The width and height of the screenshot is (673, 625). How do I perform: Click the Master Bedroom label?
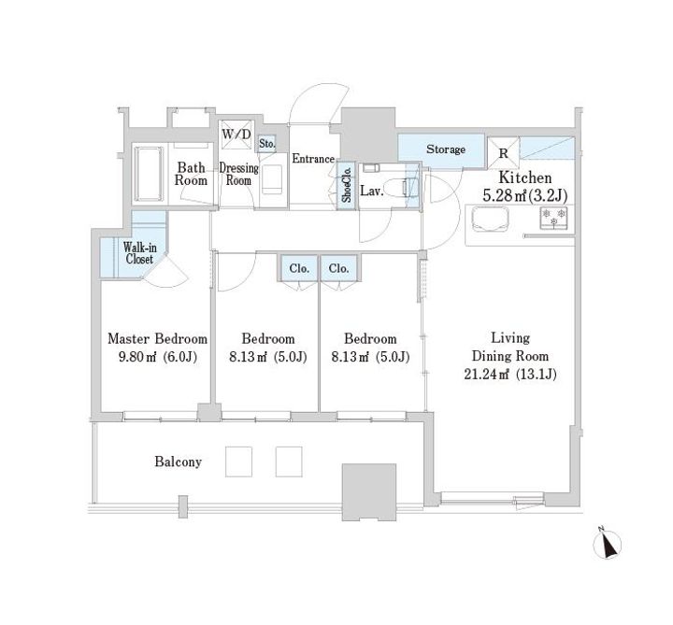[158, 339]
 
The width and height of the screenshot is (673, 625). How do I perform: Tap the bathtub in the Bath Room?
[149, 174]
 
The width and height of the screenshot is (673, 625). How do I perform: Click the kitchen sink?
[490, 220]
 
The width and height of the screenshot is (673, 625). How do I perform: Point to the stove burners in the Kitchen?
[553, 217]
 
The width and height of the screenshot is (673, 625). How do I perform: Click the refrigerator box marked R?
[503, 152]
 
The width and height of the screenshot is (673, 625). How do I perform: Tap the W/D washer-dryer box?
[236, 135]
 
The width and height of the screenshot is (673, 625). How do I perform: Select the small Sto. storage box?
[267, 144]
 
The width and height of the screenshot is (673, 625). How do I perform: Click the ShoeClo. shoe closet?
[347, 185]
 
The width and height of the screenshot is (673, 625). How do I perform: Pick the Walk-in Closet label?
[139, 253]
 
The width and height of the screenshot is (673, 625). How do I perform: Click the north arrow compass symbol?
[607, 544]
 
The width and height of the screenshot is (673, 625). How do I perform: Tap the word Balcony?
[179, 462]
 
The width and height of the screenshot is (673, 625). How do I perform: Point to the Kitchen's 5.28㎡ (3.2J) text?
[525, 195]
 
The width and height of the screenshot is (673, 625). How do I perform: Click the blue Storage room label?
[446, 149]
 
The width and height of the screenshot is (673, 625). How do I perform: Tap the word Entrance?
[313, 159]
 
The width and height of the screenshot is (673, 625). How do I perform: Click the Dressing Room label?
[238, 174]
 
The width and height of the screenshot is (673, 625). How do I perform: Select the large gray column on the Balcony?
[369, 492]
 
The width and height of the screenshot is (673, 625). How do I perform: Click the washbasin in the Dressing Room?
[272, 179]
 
